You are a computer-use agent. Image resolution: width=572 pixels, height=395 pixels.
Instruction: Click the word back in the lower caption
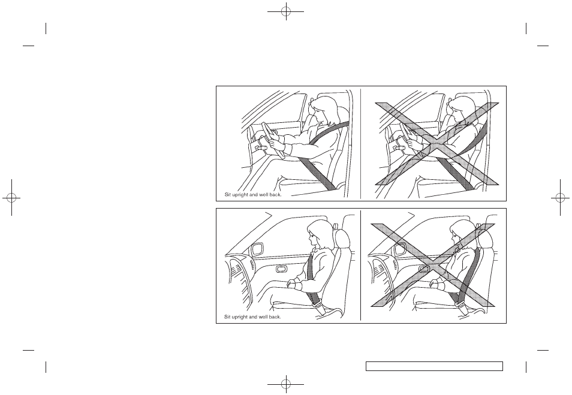275,317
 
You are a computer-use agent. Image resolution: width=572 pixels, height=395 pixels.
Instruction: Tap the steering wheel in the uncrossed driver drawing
272,140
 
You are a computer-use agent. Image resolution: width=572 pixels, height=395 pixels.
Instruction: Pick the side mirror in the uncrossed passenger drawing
258,249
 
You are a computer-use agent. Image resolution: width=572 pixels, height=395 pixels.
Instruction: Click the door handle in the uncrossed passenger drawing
281,269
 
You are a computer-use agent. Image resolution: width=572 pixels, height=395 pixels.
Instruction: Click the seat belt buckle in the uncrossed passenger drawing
318,306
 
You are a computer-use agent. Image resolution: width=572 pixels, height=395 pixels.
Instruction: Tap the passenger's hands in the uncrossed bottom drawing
294,284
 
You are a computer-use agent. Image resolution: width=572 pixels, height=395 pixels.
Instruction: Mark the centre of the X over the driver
437,144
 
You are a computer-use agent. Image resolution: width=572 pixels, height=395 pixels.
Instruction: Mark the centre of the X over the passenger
433,265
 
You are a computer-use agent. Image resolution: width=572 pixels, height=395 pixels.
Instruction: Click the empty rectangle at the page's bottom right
434,366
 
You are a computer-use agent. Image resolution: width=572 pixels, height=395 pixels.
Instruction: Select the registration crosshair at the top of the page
286,11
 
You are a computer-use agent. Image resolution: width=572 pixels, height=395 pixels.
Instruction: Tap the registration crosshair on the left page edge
11,198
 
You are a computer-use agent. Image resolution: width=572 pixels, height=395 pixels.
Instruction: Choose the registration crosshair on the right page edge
561,198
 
